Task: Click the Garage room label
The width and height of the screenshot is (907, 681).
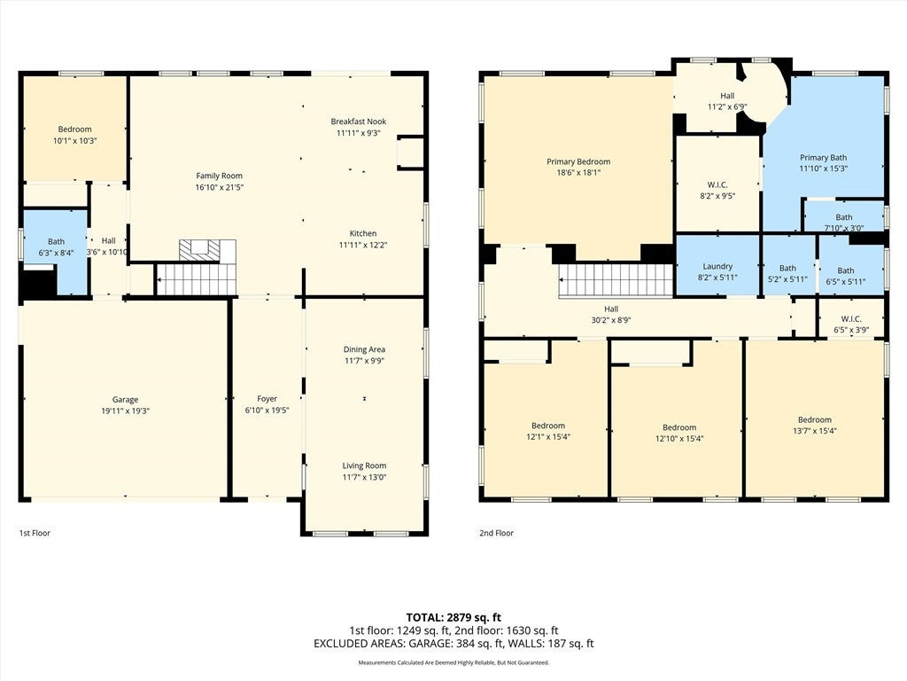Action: pos(125,400)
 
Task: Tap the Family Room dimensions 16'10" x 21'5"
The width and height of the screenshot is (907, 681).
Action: pos(220,187)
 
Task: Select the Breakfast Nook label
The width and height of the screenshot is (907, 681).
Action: pos(359,121)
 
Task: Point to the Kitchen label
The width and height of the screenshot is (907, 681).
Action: pos(362,233)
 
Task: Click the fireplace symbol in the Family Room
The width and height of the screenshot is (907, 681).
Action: pos(206,250)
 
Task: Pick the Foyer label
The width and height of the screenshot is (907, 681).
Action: pos(267,399)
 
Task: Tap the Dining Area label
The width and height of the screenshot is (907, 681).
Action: pos(364,349)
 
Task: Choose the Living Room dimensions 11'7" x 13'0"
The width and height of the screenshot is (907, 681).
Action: pos(364,477)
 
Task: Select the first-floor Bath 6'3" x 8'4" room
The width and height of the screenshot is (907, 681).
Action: pos(56,247)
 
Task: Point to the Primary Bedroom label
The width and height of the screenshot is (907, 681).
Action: pos(578,161)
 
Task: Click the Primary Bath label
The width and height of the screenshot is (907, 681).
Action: pos(823,158)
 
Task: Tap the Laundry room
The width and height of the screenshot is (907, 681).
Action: pos(717,266)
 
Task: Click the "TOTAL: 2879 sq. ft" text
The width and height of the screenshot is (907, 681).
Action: pos(453,617)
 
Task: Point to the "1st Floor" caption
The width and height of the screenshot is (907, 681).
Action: pos(35,533)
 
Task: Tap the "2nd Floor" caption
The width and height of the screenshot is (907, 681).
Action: pos(496,533)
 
